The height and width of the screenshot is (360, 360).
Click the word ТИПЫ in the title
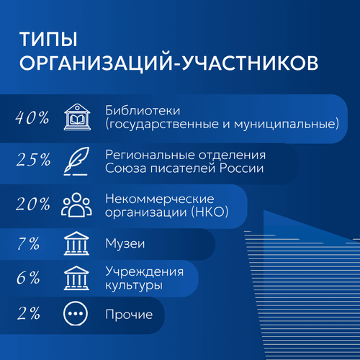tap(48, 39)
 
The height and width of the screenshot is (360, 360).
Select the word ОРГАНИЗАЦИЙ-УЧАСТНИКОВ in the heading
tap(168, 63)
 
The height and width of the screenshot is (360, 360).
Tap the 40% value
tap(32, 117)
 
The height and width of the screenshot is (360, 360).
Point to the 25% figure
tap(33, 160)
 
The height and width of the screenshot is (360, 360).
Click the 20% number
tap(33, 204)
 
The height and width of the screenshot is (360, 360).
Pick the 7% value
tap(28, 243)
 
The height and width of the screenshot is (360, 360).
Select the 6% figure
tap(28, 278)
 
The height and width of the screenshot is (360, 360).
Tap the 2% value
tap(29, 313)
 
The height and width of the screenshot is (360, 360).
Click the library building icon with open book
tap(77, 117)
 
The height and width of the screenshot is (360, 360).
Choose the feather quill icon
tap(76, 161)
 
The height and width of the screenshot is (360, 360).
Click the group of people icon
tap(76, 204)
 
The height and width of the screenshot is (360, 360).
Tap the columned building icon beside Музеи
tap(76, 243)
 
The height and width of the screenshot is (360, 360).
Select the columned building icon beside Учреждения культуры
tap(76, 278)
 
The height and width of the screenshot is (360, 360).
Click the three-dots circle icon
tap(76, 313)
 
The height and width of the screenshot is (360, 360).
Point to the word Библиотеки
tap(143, 111)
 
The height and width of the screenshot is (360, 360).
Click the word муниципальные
tap(284, 125)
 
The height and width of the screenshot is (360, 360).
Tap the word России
tap(241, 168)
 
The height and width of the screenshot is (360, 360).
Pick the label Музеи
tap(125, 244)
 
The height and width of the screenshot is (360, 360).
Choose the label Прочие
tap(129, 315)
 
